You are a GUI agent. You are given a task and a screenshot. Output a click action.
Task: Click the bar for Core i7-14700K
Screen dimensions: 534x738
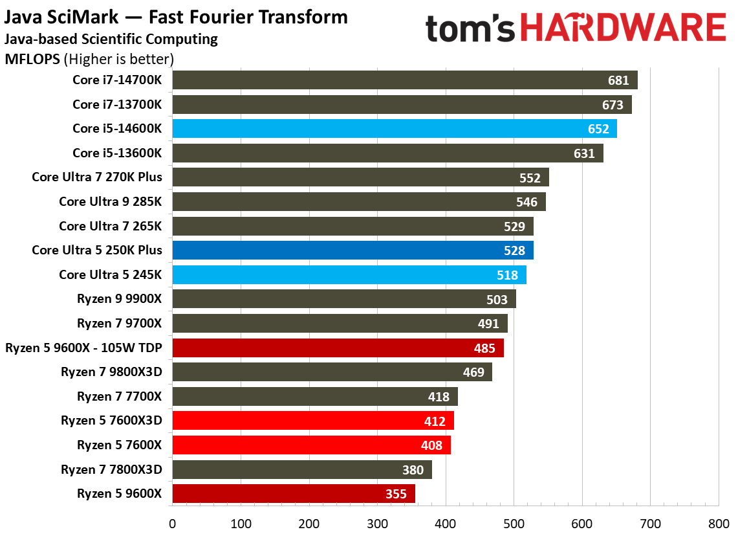click(x=404, y=80)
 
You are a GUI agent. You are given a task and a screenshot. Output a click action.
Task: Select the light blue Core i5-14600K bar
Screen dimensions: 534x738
click(x=394, y=129)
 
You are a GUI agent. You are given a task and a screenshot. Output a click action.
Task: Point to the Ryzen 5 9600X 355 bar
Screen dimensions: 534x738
click(x=293, y=494)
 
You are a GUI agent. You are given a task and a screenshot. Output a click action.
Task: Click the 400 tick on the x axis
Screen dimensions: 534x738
click(x=446, y=522)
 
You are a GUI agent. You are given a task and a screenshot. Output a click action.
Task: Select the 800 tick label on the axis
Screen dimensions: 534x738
click(x=719, y=522)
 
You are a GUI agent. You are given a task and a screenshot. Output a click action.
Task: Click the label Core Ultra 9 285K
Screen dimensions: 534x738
click(x=111, y=202)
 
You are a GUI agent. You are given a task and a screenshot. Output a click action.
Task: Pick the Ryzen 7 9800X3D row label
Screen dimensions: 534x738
click(x=111, y=372)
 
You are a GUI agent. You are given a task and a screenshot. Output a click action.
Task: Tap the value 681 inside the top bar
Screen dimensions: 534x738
click(x=618, y=81)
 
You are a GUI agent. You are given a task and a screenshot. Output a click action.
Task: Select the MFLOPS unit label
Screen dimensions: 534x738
click(x=32, y=60)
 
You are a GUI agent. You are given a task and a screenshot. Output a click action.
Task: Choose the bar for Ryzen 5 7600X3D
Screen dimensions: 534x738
click(x=312, y=421)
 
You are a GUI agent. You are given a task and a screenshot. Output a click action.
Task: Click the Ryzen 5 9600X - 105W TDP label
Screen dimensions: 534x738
click(x=83, y=348)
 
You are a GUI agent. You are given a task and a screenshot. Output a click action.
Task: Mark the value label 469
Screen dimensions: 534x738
click(x=475, y=372)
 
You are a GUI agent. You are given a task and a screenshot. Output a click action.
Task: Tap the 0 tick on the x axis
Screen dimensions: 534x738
click(x=172, y=522)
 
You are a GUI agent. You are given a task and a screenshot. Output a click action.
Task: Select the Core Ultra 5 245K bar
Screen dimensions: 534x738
click(x=349, y=275)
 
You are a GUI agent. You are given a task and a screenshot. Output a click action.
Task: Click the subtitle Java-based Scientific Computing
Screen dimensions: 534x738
click(x=111, y=39)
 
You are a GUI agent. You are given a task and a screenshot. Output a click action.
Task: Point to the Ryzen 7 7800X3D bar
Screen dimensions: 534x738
click(x=301, y=470)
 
